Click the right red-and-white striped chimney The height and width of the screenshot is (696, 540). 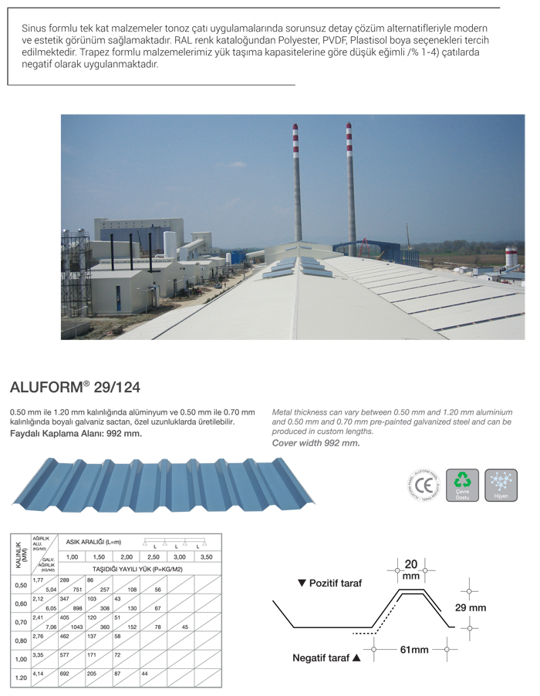[350, 185]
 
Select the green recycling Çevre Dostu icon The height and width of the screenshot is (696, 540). [462, 485]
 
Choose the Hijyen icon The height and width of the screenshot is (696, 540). [501, 485]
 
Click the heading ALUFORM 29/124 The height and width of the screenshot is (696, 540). [75, 385]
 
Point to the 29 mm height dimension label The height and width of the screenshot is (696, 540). [470, 607]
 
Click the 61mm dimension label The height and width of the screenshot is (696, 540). [413, 650]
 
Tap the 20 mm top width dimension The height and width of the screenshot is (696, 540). [411, 569]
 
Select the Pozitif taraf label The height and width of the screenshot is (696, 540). [330, 583]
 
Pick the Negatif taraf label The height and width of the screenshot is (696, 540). [326, 659]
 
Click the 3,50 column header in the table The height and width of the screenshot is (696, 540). [206, 556]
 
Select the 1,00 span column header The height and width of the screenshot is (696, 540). [72, 556]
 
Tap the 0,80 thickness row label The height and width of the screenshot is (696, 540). [21, 640]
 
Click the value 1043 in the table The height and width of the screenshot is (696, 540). [77, 627]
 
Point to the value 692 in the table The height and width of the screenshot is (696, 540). [65, 673]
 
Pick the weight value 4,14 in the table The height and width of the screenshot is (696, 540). [38, 673]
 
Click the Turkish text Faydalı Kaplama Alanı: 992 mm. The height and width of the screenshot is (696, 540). [76, 433]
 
